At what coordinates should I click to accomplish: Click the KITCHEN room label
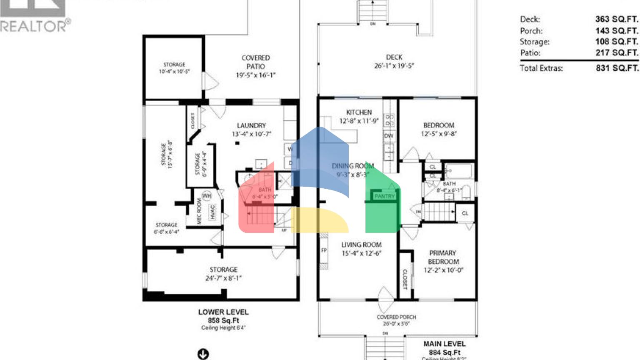(359, 112)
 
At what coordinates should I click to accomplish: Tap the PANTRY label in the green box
(384, 196)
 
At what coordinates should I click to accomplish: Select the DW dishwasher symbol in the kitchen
(389, 136)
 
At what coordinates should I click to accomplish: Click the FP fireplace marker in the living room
(324, 250)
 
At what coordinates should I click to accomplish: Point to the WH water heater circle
(207, 196)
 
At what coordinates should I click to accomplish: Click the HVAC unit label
(212, 212)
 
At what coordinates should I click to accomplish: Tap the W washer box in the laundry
(290, 149)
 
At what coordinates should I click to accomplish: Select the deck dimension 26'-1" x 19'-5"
(394, 66)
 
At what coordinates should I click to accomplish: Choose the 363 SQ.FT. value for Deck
(616, 19)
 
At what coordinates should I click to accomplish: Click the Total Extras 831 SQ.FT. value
(617, 68)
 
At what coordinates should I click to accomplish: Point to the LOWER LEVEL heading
(223, 312)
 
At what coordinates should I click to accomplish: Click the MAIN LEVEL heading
(444, 344)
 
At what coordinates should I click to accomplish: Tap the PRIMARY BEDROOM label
(443, 257)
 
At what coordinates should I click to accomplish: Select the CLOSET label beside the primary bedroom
(405, 279)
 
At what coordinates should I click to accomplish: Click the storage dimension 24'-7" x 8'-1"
(223, 278)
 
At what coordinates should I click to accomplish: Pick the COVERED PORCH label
(396, 317)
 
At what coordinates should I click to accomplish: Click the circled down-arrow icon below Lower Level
(203, 354)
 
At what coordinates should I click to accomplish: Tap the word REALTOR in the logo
(33, 26)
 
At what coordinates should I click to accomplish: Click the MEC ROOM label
(199, 211)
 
